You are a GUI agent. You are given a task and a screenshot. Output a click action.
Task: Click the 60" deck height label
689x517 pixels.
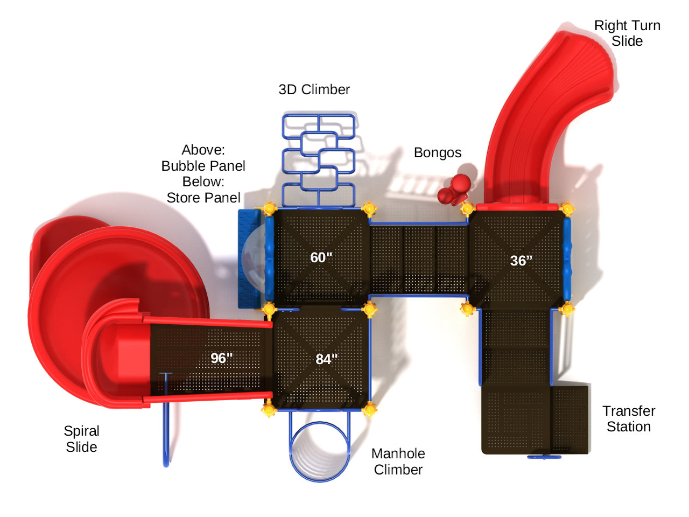tap(321, 257)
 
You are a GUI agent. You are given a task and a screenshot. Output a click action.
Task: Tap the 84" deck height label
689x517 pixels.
tap(326, 359)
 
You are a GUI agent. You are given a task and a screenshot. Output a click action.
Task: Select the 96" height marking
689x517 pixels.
tap(221, 358)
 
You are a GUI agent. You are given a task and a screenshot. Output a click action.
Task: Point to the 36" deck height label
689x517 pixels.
tap(521, 261)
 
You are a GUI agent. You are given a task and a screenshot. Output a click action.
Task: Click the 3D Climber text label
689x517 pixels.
tap(314, 89)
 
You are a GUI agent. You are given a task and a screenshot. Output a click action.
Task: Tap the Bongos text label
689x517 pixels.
tap(437, 153)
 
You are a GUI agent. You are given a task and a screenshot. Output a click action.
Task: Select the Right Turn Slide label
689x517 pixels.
tap(627, 33)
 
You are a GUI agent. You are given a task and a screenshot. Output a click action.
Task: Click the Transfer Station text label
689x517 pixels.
tap(629, 419)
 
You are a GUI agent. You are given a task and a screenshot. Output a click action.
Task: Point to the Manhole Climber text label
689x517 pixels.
tap(398, 462)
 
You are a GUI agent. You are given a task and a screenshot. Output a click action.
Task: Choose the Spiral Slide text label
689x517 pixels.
tap(81, 439)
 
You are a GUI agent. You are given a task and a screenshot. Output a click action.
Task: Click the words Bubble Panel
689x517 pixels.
tap(203, 166)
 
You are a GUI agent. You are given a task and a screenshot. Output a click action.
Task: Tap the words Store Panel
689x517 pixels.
tap(203, 198)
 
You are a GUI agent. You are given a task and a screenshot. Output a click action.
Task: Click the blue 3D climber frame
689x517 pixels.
tap(319, 159)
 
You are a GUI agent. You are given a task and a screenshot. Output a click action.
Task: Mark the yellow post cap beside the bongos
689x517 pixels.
tap(467, 208)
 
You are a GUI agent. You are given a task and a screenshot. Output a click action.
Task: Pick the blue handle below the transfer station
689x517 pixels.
tap(544, 457)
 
